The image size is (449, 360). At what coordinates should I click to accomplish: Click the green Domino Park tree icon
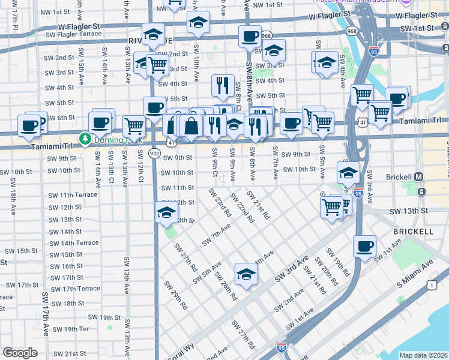pyautogui.click(x=85, y=139)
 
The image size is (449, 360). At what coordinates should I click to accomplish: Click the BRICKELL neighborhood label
pyautogui.click(x=413, y=231)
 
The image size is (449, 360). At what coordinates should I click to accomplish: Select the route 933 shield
pyautogui.click(x=155, y=154)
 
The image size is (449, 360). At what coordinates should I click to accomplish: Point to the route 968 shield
pyautogui.click(x=266, y=36)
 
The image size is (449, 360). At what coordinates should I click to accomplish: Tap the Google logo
pyautogui.click(x=20, y=352)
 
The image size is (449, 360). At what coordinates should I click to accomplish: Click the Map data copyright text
pyautogui.click(x=423, y=355)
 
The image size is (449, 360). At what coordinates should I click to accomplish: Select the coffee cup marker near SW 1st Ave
pyautogui.click(x=364, y=247)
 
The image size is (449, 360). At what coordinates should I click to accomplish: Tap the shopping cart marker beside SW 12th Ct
pyautogui.click(x=134, y=125)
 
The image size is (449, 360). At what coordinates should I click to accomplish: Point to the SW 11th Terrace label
pyautogui.click(x=73, y=196)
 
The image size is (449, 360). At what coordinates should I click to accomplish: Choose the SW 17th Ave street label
pyautogui.click(x=46, y=313)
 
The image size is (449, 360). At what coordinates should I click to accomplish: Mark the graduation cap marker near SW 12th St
pyautogui.click(x=166, y=212)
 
